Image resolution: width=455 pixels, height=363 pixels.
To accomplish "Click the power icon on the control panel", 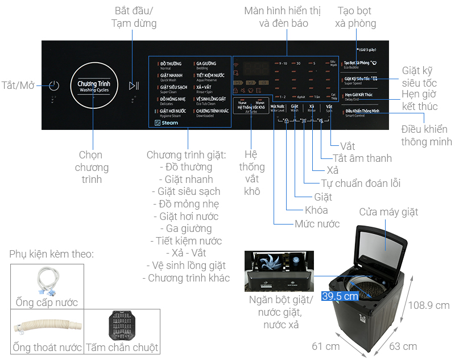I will pyautogui.click(x=53, y=86).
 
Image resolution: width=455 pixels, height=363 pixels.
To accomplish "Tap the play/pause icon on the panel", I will pyautogui.click(x=134, y=86).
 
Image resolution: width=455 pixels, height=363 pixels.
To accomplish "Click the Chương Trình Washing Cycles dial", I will pyautogui.click(x=94, y=86).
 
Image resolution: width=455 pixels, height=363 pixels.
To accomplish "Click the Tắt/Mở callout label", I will pyautogui.click(x=18, y=85).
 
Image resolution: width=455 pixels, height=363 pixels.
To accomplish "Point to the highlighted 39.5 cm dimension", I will pyautogui.click(x=340, y=296).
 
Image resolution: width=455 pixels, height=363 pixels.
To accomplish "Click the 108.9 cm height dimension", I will pyautogui.click(x=429, y=305).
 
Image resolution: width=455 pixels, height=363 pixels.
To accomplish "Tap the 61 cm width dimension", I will pyautogui.click(x=326, y=346).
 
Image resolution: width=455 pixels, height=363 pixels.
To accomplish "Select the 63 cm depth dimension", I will pyautogui.click(x=403, y=346).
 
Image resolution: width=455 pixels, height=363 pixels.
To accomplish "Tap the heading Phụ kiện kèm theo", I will pyautogui.click(x=51, y=254).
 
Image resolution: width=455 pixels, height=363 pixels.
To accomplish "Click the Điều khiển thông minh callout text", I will pyautogui.click(x=427, y=135).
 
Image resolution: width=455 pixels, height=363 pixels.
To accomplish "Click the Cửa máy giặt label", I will pyautogui.click(x=388, y=212).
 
